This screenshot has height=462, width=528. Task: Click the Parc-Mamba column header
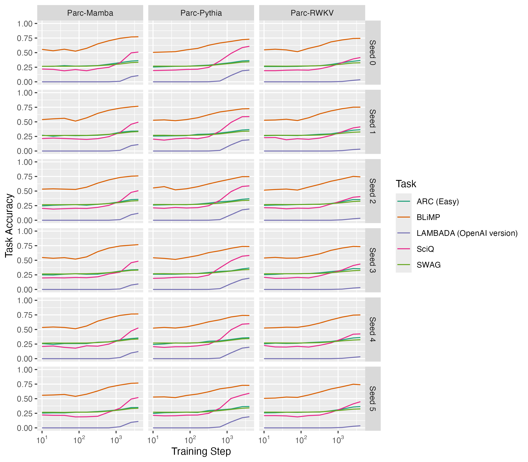[x=90, y=13]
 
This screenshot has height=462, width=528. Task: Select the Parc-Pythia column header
[x=201, y=13]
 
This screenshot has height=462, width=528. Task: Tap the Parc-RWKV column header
[x=312, y=13]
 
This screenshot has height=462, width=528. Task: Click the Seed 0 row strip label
[x=372, y=53]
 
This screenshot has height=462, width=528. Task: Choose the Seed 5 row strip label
[x=372, y=399]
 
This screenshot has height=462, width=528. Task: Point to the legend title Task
[x=406, y=184]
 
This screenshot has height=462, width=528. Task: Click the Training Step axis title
[x=201, y=451]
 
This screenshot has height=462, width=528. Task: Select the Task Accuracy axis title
[x=9, y=225]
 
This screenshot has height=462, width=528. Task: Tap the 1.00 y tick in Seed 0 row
[x=25, y=24]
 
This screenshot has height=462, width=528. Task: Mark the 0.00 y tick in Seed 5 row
[x=25, y=428]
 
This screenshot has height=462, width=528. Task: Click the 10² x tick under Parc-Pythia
[x=190, y=440]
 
